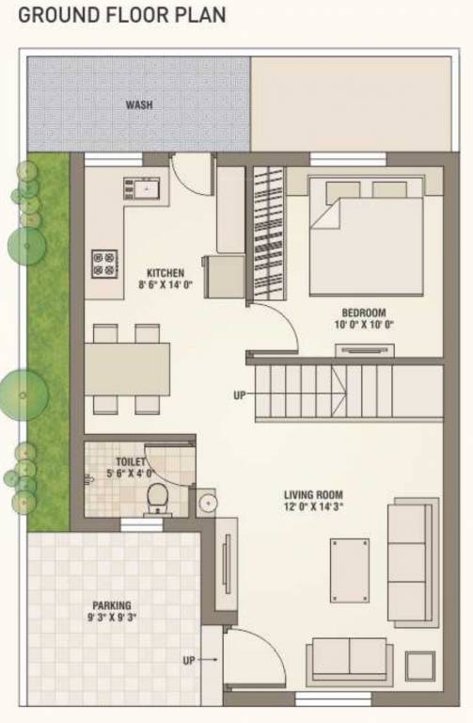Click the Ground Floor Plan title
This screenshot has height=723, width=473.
[x=122, y=16]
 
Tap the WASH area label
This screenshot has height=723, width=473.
[x=139, y=104]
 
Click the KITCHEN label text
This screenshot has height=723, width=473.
[x=166, y=273]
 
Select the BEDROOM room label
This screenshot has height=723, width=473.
[x=363, y=313]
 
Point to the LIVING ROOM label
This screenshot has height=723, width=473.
[x=313, y=495]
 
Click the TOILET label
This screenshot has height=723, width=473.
[x=131, y=462]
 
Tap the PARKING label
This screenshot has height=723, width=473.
[x=112, y=605]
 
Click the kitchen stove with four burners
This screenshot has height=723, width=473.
[x=102, y=263]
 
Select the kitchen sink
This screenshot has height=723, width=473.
[x=144, y=188]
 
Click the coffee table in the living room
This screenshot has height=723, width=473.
[x=349, y=569]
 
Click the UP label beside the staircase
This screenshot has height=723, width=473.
[x=239, y=395]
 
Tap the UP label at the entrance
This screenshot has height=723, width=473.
[x=189, y=661]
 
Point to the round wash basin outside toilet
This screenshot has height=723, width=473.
[x=206, y=504]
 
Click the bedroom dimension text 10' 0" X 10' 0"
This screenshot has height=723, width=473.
[x=363, y=325]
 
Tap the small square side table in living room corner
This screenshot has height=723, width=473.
[x=419, y=666]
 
